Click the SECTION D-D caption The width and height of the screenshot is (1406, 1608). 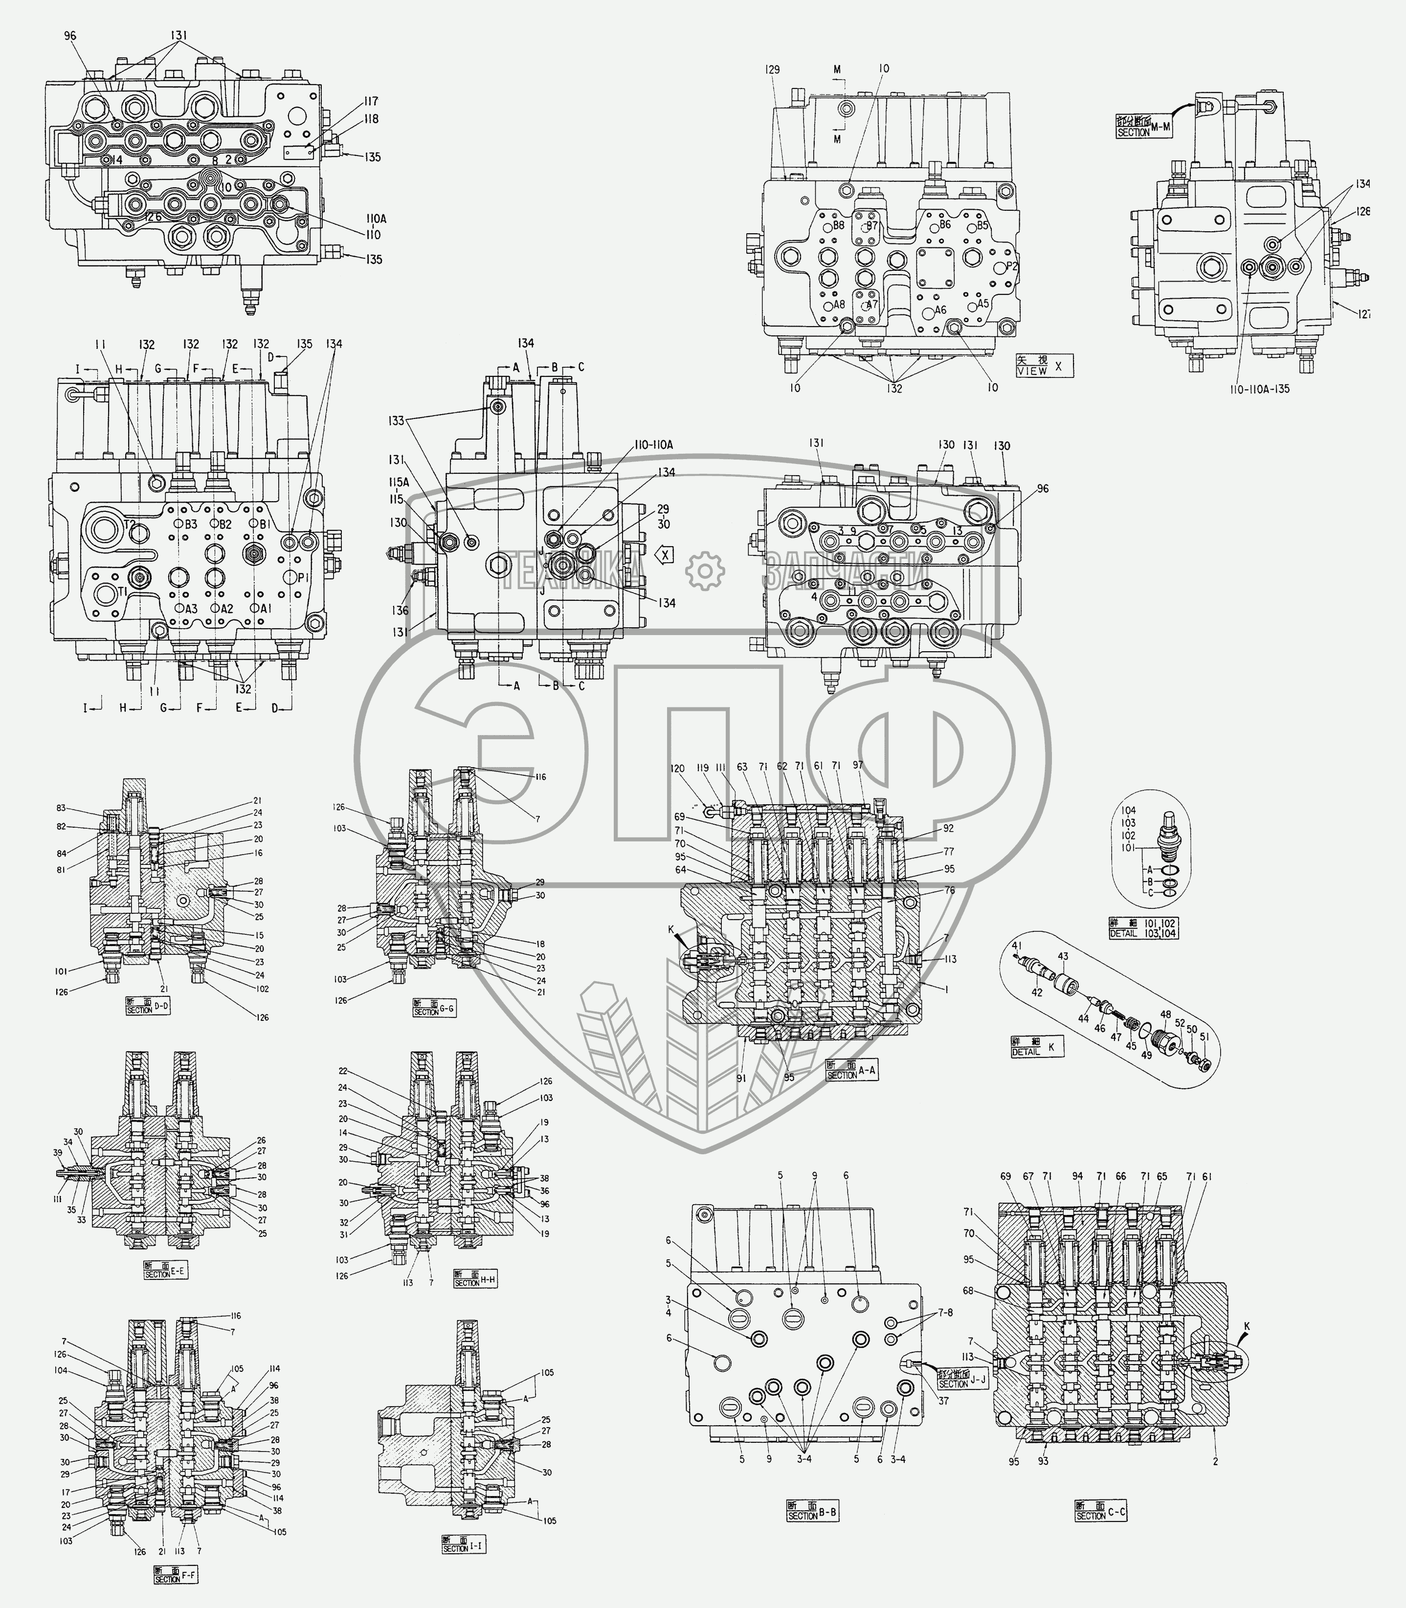click(148, 1006)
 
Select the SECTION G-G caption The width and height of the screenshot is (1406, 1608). click(434, 1009)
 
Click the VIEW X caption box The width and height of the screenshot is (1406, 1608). click(1044, 366)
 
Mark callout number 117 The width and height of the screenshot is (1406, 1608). click(370, 101)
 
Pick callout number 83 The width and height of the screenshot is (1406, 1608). click(61, 808)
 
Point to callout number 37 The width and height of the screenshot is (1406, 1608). click(943, 1401)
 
